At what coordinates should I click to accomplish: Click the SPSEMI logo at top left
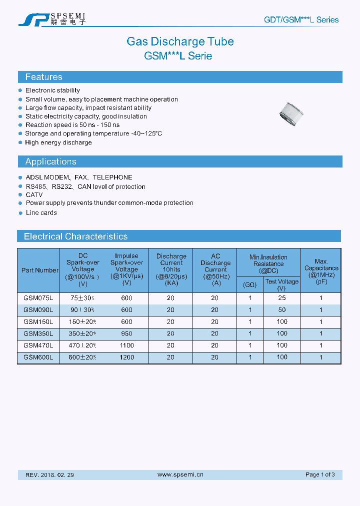52,19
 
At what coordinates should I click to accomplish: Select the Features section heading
44,77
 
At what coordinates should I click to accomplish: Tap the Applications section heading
50,161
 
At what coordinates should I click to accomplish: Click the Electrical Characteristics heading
75,236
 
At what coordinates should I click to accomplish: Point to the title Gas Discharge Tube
180,41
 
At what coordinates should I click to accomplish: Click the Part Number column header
40,270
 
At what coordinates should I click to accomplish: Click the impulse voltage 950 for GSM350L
126,333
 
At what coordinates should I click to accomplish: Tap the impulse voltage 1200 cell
126,357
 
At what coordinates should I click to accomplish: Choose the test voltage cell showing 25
282,298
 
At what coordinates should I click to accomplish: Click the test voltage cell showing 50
282,310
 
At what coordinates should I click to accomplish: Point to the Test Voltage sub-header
282,284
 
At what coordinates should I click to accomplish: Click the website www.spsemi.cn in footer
180,474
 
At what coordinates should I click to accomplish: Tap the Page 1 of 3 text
320,474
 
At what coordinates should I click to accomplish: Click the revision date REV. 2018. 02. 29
49,474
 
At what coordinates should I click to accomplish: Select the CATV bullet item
34,194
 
